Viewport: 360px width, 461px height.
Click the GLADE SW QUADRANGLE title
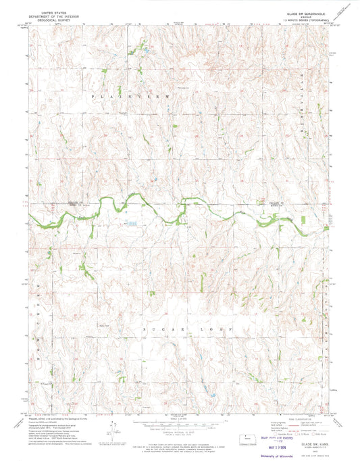pos(307,12)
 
